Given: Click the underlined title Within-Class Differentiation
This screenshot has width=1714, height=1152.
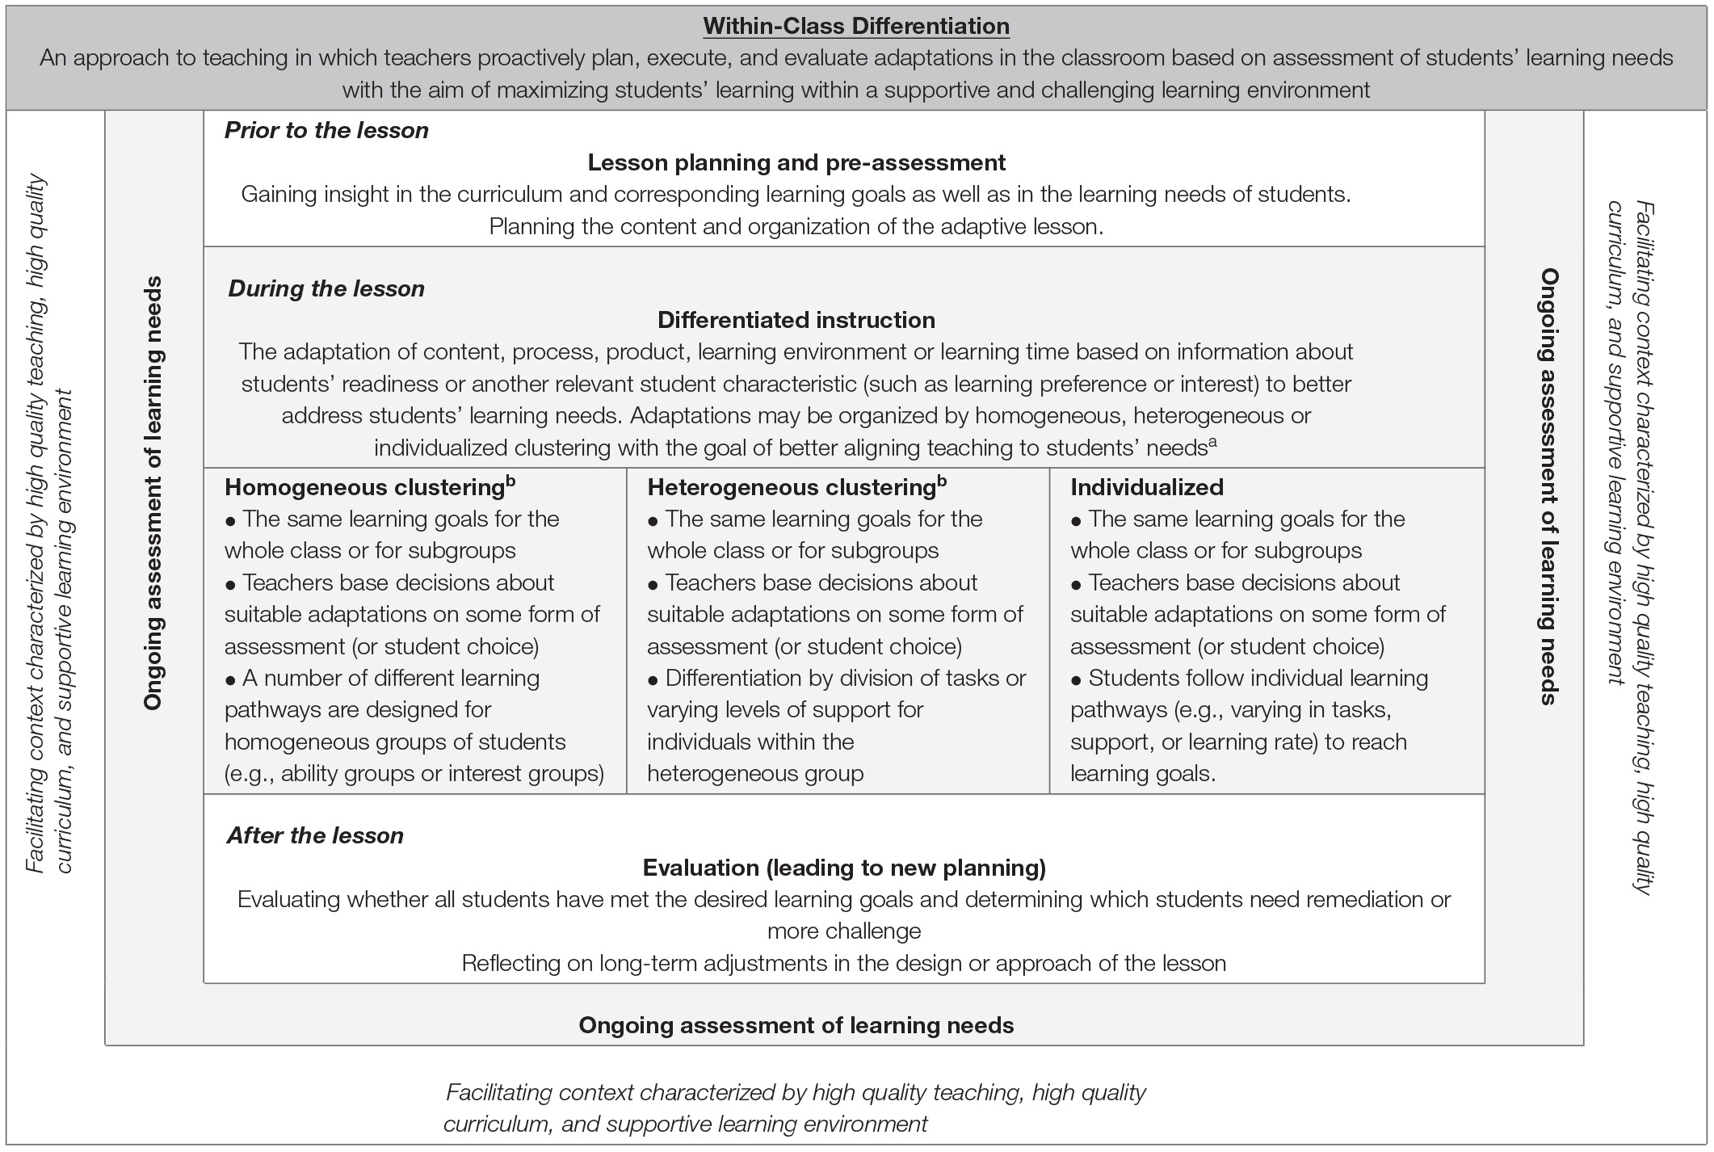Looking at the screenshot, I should pyautogui.click(x=856, y=26).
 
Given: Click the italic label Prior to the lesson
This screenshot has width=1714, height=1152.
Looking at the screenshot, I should pyautogui.click(x=326, y=130).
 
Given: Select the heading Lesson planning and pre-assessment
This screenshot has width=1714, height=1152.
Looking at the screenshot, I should pyautogui.click(x=796, y=162).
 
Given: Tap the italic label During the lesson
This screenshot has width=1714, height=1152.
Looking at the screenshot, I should pyautogui.click(x=326, y=288).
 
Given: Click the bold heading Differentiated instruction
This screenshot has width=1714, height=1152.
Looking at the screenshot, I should pyautogui.click(x=796, y=320).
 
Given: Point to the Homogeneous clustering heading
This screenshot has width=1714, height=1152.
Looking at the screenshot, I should pyautogui.click(x=365, y=487).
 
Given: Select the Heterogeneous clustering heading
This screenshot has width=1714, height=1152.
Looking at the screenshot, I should pyautogui.click(x=792, y=487).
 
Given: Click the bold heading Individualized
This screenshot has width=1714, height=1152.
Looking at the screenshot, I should pyautogui.click(x=1147, y=487).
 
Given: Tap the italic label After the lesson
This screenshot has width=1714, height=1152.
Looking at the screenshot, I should pyautogui.click(x=315, y=835).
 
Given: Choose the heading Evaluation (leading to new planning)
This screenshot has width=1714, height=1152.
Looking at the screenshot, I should pyautogui.click(x=844, y=868).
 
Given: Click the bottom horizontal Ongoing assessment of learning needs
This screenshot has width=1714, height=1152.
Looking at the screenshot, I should pyautogui.click(x=796, y=1025).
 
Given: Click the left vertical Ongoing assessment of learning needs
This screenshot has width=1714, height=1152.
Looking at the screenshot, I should pyautogui.click(x=153, y=493).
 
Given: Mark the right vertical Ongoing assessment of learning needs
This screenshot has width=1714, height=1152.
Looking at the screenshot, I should pyautogui.click(x=1548, y=486).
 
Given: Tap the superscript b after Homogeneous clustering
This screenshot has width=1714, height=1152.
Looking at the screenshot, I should pyautogui.click(x=510, y=481).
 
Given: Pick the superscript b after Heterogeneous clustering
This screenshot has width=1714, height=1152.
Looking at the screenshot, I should pyautogui.click(x=942, y=481).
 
